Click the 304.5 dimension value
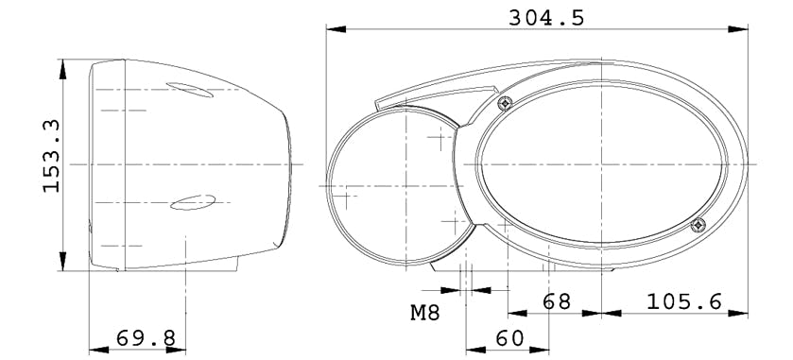click(x=546, y=18)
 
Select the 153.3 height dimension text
click(x=52, y=156)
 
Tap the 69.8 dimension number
click(x=146, y=337)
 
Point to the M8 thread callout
click(x=424, y=313)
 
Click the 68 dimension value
click(x=557, y=301)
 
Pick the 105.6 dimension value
click(x=683, y=301)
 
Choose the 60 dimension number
click(x=509, y=338)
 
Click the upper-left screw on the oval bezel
click(x=505, y=104)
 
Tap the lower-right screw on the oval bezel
click(x=698, y=225)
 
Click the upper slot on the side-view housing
click(x=190, y=90)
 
